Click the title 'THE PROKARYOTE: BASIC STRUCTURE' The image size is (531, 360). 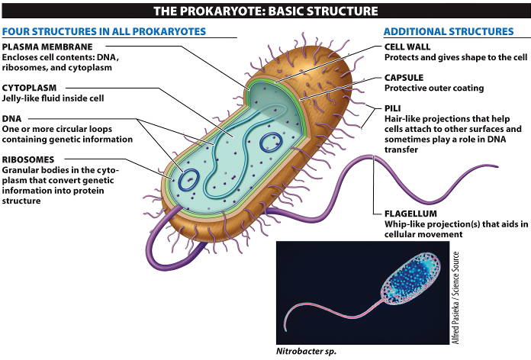click(265, 11)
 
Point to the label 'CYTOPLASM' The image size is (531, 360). click(29, 88)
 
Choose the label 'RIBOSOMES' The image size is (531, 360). click(28, 158)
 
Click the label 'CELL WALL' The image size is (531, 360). click(408, 47)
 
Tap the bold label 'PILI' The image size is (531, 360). click(393, 108)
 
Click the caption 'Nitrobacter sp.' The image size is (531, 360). click(305, 352)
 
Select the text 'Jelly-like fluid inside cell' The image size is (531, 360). click(53, 98)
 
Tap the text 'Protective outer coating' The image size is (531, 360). click(434, 88)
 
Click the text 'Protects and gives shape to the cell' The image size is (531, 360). click(455, 57)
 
